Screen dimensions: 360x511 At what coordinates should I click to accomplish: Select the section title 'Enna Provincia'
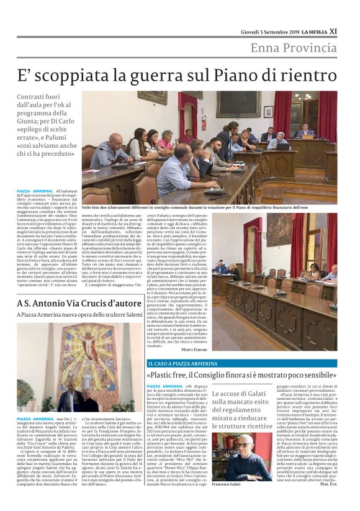click(x=294, y=48)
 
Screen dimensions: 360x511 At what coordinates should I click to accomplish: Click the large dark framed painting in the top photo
click(x=238, y=105)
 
